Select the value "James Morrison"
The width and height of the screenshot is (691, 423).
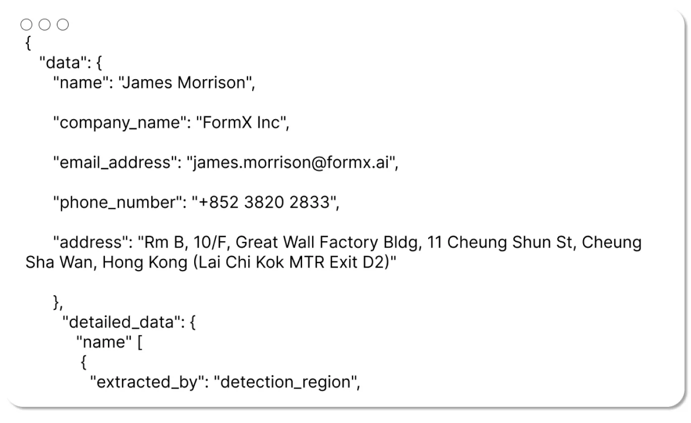[186, 83]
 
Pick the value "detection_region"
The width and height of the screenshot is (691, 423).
[286, 382]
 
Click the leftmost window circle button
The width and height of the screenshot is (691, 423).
[26, 25]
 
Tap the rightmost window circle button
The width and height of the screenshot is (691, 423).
[63, 25]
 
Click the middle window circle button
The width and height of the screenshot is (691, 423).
[44, 25]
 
